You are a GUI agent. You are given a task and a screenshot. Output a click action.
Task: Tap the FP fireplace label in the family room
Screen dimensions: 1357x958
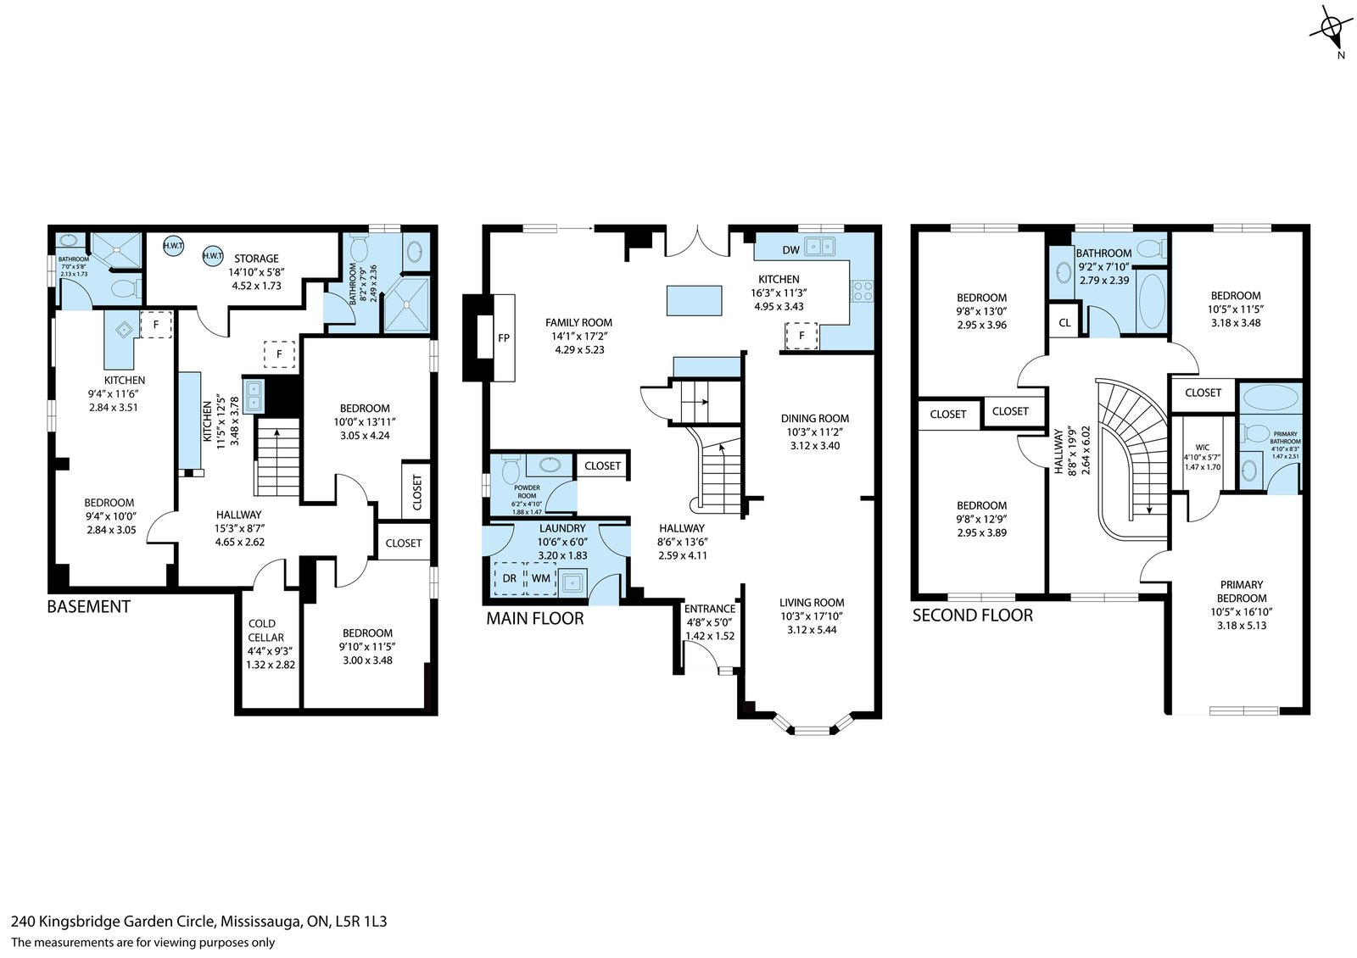pos(504,338)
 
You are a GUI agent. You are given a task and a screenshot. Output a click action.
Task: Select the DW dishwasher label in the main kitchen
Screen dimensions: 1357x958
pos(791,250)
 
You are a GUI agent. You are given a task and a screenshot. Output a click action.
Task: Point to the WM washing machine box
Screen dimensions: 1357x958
pos(541,578)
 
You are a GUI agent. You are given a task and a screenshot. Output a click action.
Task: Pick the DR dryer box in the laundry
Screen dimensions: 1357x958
pos(510,578)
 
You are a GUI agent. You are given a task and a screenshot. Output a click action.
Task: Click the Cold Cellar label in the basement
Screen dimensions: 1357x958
pos(265,631)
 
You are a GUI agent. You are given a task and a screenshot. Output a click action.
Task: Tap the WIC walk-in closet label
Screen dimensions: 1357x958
pos(1203,448)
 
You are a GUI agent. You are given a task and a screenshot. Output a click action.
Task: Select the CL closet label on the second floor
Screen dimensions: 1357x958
pos(1064,323)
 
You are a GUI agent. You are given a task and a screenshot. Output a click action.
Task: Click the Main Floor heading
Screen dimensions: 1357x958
pos(535,618)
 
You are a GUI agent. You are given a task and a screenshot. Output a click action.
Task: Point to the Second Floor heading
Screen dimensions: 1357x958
pos(972,615)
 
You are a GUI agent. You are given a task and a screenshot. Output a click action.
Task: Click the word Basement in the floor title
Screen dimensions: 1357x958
pos(88,606)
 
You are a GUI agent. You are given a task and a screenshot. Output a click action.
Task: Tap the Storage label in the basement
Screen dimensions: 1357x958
pos(256,259)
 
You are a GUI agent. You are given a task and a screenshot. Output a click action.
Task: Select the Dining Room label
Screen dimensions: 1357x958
pos(815,419)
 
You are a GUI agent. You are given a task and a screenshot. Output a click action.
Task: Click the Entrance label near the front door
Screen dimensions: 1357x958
pos(709,609)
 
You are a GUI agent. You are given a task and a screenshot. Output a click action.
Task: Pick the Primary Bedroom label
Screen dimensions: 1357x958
pos(1242,591)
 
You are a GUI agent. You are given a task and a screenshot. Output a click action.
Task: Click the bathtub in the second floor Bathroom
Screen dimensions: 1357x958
pos(1152,301)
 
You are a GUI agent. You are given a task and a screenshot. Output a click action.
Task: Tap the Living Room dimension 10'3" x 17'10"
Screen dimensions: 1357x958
pos(811,616)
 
